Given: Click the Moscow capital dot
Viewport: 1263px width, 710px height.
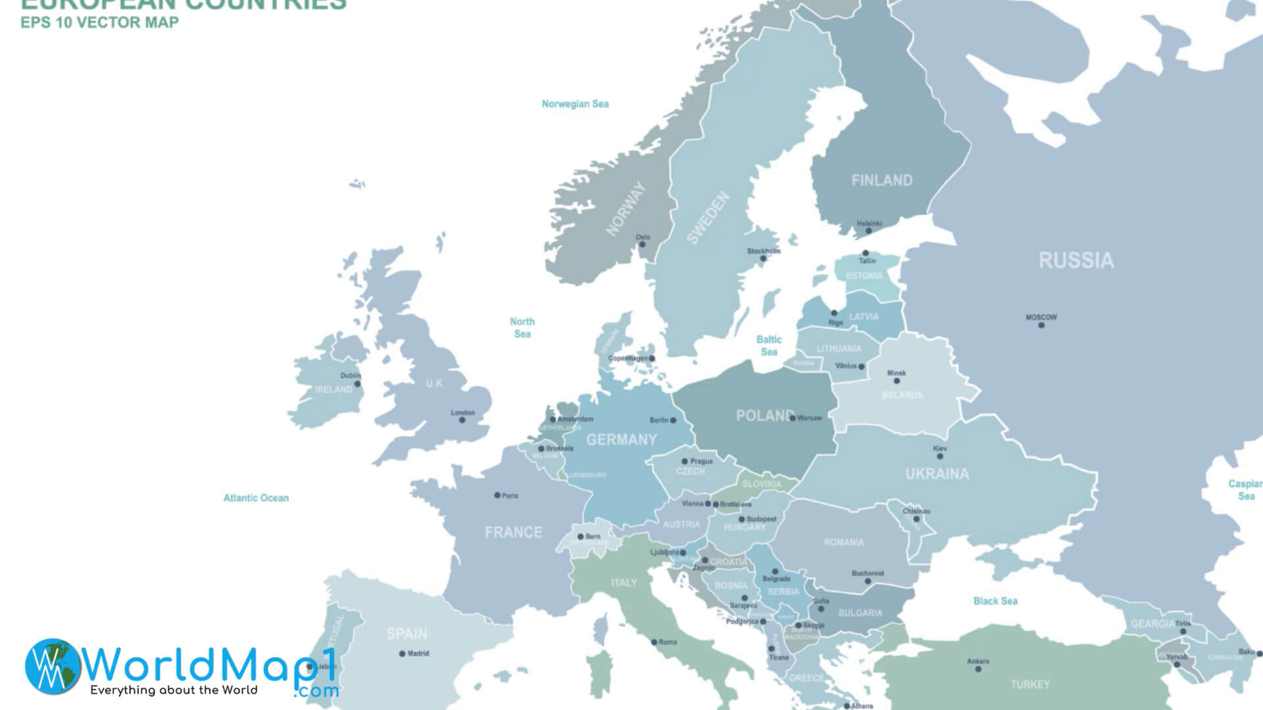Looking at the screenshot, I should pos(1041,325).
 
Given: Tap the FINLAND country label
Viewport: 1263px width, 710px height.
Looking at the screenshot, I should pos(881,181).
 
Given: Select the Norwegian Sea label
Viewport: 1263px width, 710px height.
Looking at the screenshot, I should pos(575,104).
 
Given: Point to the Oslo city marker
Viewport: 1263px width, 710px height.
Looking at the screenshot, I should pos(643,245).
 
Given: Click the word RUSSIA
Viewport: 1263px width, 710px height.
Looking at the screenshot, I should pos(1076,261).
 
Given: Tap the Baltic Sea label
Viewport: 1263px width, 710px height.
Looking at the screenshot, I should pos(769,346).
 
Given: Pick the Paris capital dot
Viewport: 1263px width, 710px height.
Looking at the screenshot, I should pos(497,495).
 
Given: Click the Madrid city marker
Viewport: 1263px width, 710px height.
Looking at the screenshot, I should pos(402,653).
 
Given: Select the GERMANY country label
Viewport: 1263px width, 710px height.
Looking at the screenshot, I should pos(622,440).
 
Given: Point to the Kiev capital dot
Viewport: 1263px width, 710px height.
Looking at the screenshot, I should pos(940,456).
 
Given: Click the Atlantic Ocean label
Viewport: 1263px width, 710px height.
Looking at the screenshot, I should pos(256,498).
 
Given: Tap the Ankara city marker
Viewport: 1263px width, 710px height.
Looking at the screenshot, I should pos(978,669).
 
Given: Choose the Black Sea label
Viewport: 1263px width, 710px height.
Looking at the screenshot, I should pos(995,601).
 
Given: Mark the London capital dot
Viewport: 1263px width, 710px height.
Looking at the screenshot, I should pos(462,420).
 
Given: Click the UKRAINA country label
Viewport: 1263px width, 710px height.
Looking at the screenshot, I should pos(937,474).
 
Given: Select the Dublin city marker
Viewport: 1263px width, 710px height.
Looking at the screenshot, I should pos(357,384).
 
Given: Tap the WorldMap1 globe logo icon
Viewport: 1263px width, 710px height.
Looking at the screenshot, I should pos(53,666).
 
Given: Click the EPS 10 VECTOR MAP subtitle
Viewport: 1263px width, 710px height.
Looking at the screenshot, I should pos(99,23).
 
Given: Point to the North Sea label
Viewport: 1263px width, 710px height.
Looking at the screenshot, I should pos(522,327).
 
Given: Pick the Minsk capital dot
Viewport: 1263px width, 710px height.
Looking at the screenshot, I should pos(897,381).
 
